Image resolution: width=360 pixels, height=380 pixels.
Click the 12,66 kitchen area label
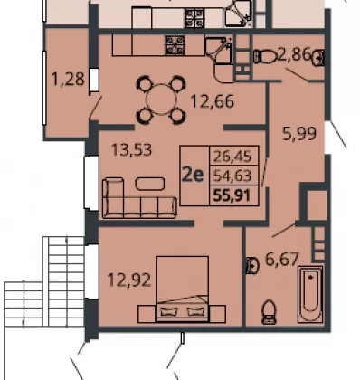(213, 101)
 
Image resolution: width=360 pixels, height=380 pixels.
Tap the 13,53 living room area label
(131, 149)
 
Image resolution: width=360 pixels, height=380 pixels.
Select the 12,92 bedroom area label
(129, 280)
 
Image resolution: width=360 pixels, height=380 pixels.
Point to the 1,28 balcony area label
(68, 80)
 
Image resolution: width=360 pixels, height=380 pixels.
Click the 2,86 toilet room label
(293, 55)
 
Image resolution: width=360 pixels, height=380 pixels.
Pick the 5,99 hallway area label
(299, 134)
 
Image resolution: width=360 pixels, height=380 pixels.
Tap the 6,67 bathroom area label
(282, 260)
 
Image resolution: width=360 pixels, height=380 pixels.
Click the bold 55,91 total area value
(232, 196)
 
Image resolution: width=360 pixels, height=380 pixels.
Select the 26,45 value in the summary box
(232, 157)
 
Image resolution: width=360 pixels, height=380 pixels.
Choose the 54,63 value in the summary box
(232, 176)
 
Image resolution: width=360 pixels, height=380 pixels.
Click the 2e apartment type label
(193, 175)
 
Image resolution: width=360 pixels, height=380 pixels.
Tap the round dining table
(162, 100)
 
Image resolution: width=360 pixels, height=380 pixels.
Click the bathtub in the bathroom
(310, 294)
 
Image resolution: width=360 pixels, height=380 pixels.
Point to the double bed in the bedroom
(182, 289)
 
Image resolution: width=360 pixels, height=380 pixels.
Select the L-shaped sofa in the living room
(139, 198)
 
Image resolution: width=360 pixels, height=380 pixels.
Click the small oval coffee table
(150, 184)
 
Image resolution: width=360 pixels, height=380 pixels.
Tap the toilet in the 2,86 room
(265, 56)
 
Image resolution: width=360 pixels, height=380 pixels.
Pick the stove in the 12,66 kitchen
(175, 45)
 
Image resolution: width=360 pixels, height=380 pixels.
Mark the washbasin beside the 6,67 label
(252, 266)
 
